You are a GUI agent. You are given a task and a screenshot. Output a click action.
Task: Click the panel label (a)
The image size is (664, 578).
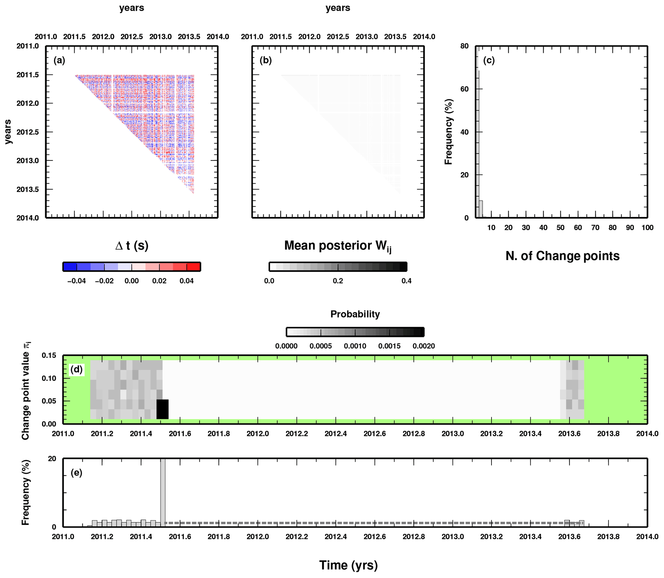click(59, 60)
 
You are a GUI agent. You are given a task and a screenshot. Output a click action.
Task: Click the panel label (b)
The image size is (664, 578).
click(266, 60)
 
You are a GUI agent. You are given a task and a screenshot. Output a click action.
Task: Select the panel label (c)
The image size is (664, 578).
click(489, 60)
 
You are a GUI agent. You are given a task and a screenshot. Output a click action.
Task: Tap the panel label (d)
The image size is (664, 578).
click(76, 369)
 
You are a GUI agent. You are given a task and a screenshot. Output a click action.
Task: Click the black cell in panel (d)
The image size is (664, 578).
click(162, 409)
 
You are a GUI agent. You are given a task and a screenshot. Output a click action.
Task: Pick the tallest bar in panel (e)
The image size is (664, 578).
click(163, 492)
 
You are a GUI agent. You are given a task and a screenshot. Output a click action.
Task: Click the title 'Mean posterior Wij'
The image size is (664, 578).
click(338, 246)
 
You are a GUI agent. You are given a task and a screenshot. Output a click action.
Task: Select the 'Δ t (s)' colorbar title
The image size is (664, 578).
click(132, 246)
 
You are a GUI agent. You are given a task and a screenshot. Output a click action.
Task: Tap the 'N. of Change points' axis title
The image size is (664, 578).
click(562, 256)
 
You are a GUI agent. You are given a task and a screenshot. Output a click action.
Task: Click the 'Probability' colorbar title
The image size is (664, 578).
click(355, 314)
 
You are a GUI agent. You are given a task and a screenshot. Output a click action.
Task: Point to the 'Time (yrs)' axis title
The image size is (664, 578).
click(349, 565)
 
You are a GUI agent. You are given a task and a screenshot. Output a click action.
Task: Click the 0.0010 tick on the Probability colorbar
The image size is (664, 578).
click(355, 346)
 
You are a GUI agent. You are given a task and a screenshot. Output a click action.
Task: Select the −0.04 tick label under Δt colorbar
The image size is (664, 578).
click(76, 281)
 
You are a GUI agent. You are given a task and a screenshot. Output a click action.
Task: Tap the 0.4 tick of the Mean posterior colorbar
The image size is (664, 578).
click(406, 281)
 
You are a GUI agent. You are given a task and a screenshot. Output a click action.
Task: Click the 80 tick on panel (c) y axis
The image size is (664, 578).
click(464, 46)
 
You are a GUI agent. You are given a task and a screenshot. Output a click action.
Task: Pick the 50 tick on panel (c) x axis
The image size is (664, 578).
click(561, 228)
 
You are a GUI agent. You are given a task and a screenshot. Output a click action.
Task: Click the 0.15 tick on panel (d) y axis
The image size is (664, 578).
click(49, 355)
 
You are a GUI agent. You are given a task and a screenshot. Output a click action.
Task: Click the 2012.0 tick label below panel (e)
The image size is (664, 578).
click(257, 537)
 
